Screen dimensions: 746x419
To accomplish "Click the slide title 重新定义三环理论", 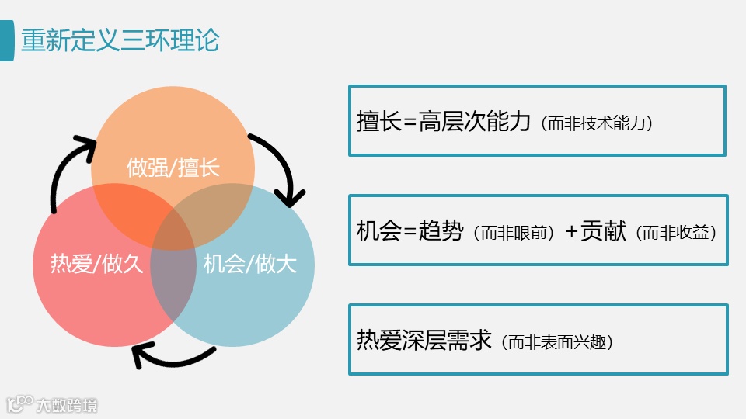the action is [120, 40].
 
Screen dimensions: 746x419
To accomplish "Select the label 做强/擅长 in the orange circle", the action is [173, 167].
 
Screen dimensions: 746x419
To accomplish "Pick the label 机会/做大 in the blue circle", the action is [249, 264].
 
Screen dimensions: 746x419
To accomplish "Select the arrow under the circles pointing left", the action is [171, 356].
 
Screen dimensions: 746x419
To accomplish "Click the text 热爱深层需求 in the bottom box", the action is [424, 339].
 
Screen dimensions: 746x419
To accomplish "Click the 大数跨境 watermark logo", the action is [52, 404].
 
